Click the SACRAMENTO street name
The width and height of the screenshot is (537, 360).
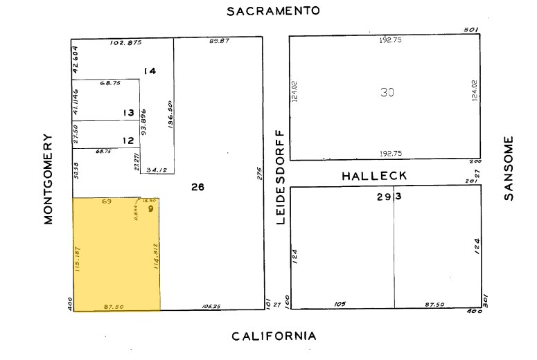point(274,11)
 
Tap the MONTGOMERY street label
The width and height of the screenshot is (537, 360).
point(49,179)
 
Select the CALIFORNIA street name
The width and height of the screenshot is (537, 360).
point(274,336)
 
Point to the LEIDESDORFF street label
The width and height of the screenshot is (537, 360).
point(281,177)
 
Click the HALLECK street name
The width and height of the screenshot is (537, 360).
point(374,177)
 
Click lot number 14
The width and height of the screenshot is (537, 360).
point(150,71)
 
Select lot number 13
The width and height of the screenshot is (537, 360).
point(128,113)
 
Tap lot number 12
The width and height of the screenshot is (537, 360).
point(128,141)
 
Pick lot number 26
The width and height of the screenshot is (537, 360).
point(198,186)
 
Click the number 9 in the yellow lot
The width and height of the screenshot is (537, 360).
point(150,208)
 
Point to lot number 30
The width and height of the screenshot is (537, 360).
point(387,92)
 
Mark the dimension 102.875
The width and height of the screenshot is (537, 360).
point(125,43)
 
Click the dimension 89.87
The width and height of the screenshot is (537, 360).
point(219,42)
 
